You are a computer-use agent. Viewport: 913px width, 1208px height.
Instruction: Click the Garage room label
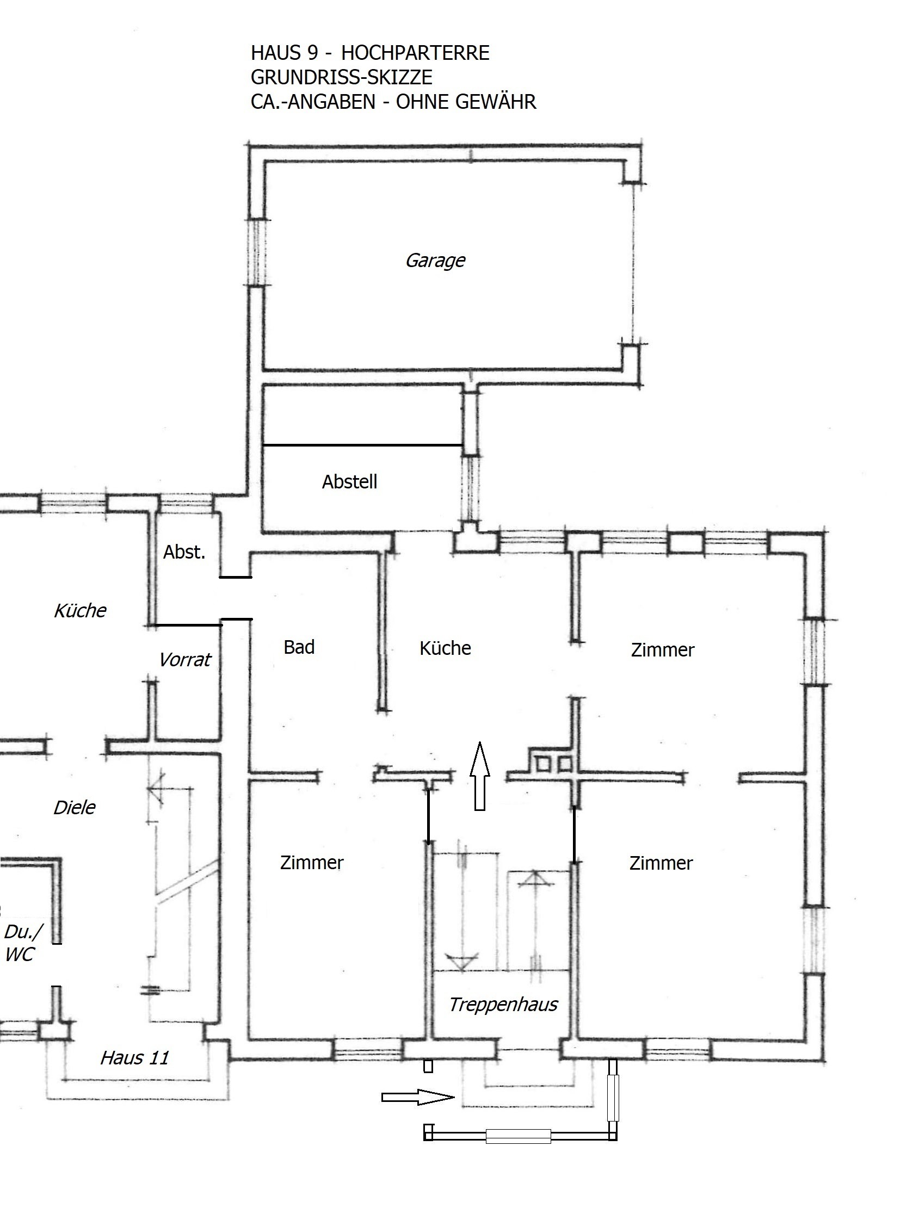435,261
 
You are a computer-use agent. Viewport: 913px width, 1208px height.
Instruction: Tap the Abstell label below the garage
349,482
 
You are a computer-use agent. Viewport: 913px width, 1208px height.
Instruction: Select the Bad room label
299,647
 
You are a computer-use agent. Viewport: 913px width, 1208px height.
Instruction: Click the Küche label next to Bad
445,648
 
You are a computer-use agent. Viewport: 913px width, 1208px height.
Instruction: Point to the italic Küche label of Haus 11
81,610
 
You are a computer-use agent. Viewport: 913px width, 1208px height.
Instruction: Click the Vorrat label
184,660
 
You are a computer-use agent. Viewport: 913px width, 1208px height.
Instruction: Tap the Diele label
75,807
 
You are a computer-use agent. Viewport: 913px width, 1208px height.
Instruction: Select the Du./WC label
22,943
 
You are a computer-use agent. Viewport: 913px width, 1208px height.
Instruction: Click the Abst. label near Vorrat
184,552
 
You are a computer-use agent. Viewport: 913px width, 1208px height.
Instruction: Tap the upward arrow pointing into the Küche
480,776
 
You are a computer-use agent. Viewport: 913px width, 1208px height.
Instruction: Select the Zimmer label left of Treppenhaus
311,862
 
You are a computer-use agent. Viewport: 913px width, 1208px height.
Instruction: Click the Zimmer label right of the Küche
662,650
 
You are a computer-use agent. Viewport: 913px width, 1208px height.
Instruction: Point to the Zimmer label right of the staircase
661,863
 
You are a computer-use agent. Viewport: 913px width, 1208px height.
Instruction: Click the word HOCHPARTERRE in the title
415,53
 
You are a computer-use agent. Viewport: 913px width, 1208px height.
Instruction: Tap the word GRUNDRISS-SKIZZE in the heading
342,78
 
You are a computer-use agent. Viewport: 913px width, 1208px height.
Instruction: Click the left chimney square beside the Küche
542,763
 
